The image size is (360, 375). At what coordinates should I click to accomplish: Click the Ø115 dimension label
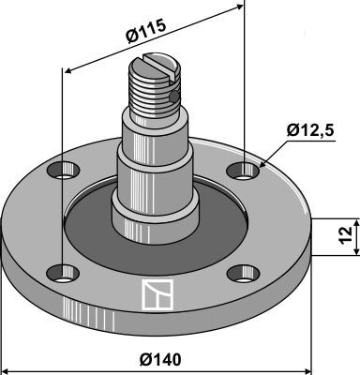145,31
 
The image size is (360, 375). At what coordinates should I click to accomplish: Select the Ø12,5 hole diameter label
310,130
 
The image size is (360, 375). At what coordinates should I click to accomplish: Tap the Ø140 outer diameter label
160,360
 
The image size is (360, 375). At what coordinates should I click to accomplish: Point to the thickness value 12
345,235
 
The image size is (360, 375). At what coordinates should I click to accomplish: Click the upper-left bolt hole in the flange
63,171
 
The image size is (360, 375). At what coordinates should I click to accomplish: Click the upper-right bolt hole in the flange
244,171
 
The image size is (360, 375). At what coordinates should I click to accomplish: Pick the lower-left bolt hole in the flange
63,273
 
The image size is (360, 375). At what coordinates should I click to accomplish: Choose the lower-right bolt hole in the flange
244,274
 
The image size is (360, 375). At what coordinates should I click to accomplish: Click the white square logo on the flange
157,294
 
